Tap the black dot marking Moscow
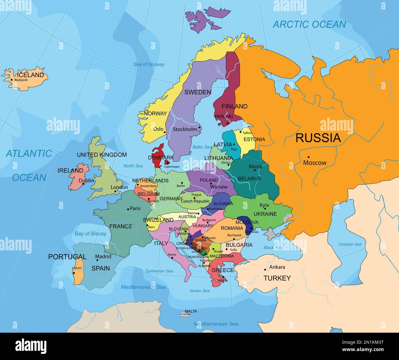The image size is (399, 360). click(308, 157)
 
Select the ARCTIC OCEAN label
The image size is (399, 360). click(309, 24)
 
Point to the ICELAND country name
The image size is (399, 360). click(31, 75)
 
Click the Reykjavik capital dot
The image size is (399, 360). click(12, 80)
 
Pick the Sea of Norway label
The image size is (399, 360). click(149, 64)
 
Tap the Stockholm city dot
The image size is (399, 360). click(199, 127)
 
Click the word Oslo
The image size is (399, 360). click(158, 129)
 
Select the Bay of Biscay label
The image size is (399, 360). click(90, 234)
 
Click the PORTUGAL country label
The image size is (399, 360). click(67, 257)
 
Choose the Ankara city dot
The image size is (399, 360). click(265, 270)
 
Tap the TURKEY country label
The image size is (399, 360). click(277, 278)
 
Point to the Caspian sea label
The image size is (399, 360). click(350, 244)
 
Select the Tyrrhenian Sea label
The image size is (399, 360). click(159, 271)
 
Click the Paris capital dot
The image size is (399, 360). click(128, 209)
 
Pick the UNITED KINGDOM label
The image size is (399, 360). click(102, 155)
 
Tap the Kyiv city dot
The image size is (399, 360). click(265, 209)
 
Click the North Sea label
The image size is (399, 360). click(133, 166)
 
